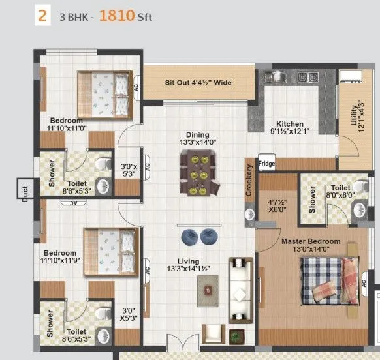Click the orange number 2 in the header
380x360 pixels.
click(x=42, y=16)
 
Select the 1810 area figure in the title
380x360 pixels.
click(x=117, y=17)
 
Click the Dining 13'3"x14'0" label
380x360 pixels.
click(x=197, y=138)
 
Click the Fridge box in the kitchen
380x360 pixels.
click(x=266, y=164)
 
